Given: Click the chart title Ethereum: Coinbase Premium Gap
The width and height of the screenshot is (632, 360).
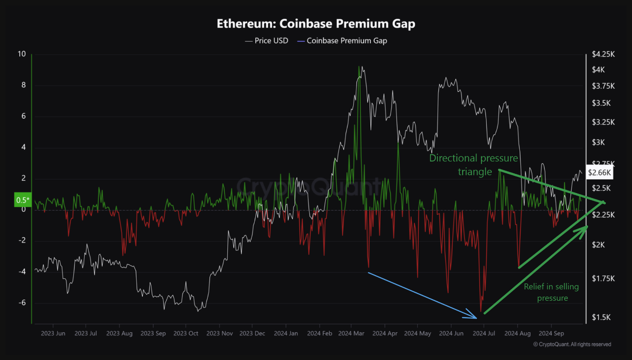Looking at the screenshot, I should pyautogui.click(x=316, y=24).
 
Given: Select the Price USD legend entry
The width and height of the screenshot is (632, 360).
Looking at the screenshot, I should pyautogui.click(x=267, y=40).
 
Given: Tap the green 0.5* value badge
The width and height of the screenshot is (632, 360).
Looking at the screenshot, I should pyautogui.click(x=23, y=200).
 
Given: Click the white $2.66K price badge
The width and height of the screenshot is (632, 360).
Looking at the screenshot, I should pyautogui.click(x=600, y=172).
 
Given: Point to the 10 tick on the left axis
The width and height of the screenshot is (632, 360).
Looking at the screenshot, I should pyautogui.click(x=21, y=54).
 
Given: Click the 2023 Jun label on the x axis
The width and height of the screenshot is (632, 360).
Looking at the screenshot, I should pyautogui.click(x=53, y=333).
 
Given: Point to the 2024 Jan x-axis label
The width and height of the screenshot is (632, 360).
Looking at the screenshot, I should pyautogui.click(x=285, y=333).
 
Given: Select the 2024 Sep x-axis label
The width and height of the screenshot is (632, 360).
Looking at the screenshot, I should pyautogui.click(x=551, y=333).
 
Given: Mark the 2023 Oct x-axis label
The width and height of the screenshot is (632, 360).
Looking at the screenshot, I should pyautogui.click(x=186, y=333).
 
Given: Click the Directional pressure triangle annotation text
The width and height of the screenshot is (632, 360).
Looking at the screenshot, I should pyautogui.click(x=473, y=164).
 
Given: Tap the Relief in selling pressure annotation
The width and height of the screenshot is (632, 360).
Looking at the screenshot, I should pyautogui.click(x=551, y=292).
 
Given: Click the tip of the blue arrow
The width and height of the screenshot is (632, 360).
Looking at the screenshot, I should pyautogui.click(x=477, y=318).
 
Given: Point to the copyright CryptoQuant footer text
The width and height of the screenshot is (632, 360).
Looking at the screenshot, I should pyautogui.click(x=572, y=344).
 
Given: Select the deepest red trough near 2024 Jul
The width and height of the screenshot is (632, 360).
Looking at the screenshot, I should pyautogui.click(x=481, y=311).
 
